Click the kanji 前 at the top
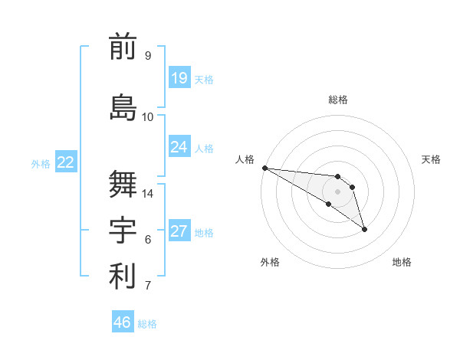123,48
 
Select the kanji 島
123,107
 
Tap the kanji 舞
123,183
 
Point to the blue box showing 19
179,78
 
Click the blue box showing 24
179,147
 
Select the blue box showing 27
179,231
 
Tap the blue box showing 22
65,162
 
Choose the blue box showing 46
123,322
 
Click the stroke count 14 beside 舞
148,194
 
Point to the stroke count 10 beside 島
148,117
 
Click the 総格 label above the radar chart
338,100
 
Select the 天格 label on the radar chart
432,159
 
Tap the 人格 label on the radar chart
245,159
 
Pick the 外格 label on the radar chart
270,262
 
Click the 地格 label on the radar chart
402,262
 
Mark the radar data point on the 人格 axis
264,168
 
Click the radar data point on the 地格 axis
364,229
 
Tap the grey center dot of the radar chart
338,191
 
